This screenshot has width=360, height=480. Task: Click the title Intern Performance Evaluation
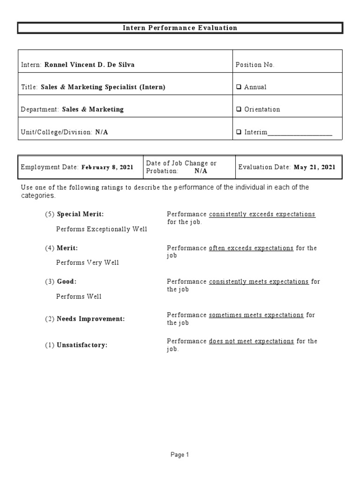tap(180, 28)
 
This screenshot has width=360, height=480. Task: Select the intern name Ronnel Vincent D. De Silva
tap(89, 65)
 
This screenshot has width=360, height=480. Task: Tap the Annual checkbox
tap(239, 87)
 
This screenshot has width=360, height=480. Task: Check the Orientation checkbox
tap(239, 109)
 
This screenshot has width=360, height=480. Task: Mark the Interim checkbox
tap(239, 132)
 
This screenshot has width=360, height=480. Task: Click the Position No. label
tap(255, 65)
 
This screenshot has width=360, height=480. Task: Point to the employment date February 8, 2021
tap(107, 167)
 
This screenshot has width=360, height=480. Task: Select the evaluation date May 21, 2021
tap(315, 167)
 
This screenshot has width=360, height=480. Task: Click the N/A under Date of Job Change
tap(201, 171)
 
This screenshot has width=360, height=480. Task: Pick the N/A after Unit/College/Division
tap(102, 132)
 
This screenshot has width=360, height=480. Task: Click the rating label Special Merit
tap(80, 214)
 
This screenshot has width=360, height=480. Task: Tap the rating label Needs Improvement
tap(90, 319)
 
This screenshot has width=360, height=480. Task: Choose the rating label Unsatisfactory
tap(82, 345)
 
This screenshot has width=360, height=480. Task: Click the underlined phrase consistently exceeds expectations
tap(262, 214)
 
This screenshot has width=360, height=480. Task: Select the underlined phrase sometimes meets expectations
tap(256, 315)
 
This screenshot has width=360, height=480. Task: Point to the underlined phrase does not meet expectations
tap(252, 341)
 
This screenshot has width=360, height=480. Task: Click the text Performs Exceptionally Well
tap(102, 229)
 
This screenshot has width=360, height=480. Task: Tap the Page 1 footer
tap(180, 454)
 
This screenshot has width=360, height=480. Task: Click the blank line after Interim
tap(300, 133)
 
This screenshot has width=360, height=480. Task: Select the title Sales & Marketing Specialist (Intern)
tap(103, 87)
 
